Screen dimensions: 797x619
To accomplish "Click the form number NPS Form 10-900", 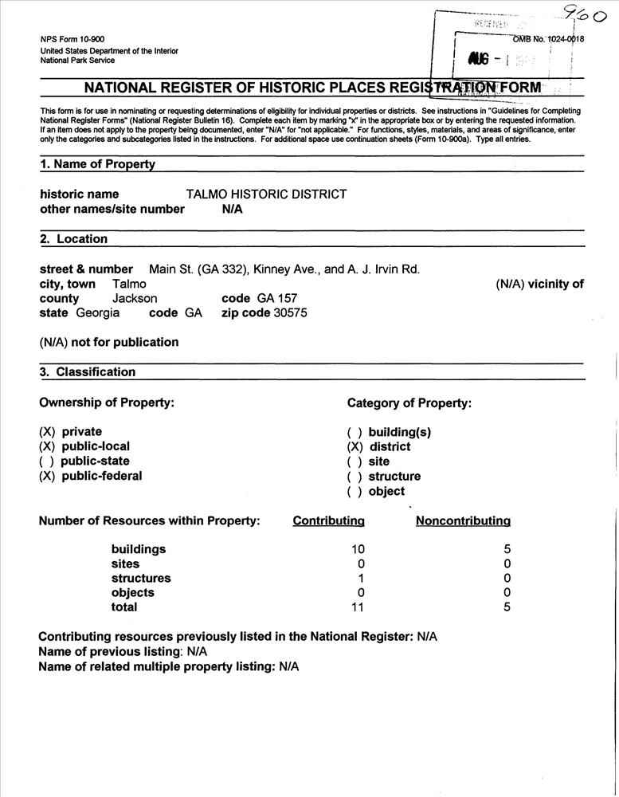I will click(72, 40).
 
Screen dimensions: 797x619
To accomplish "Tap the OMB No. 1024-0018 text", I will click(548, 40).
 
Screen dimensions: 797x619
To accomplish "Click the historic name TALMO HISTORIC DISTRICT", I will click(266, 194).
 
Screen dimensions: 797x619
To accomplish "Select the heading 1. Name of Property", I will click(97, 164).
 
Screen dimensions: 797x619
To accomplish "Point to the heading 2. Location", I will click(73, 238).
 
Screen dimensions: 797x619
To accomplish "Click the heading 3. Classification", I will click(88, 371).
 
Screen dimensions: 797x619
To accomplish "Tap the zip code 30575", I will click(291, 313).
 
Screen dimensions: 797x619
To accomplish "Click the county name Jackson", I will click(135, 298).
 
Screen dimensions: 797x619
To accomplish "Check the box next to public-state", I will click(47, 461).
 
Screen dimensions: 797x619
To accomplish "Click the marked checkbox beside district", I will click(355, 447).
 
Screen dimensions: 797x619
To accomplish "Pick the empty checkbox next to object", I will click(355, 492).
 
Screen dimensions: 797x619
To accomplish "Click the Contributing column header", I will click(328, 521).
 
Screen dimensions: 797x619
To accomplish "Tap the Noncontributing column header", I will click(463, 521).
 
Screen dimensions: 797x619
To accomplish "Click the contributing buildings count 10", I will click(358, 549).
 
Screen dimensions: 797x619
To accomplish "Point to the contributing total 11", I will click(358, 607).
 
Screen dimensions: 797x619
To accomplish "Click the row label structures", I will click(141, 579).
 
